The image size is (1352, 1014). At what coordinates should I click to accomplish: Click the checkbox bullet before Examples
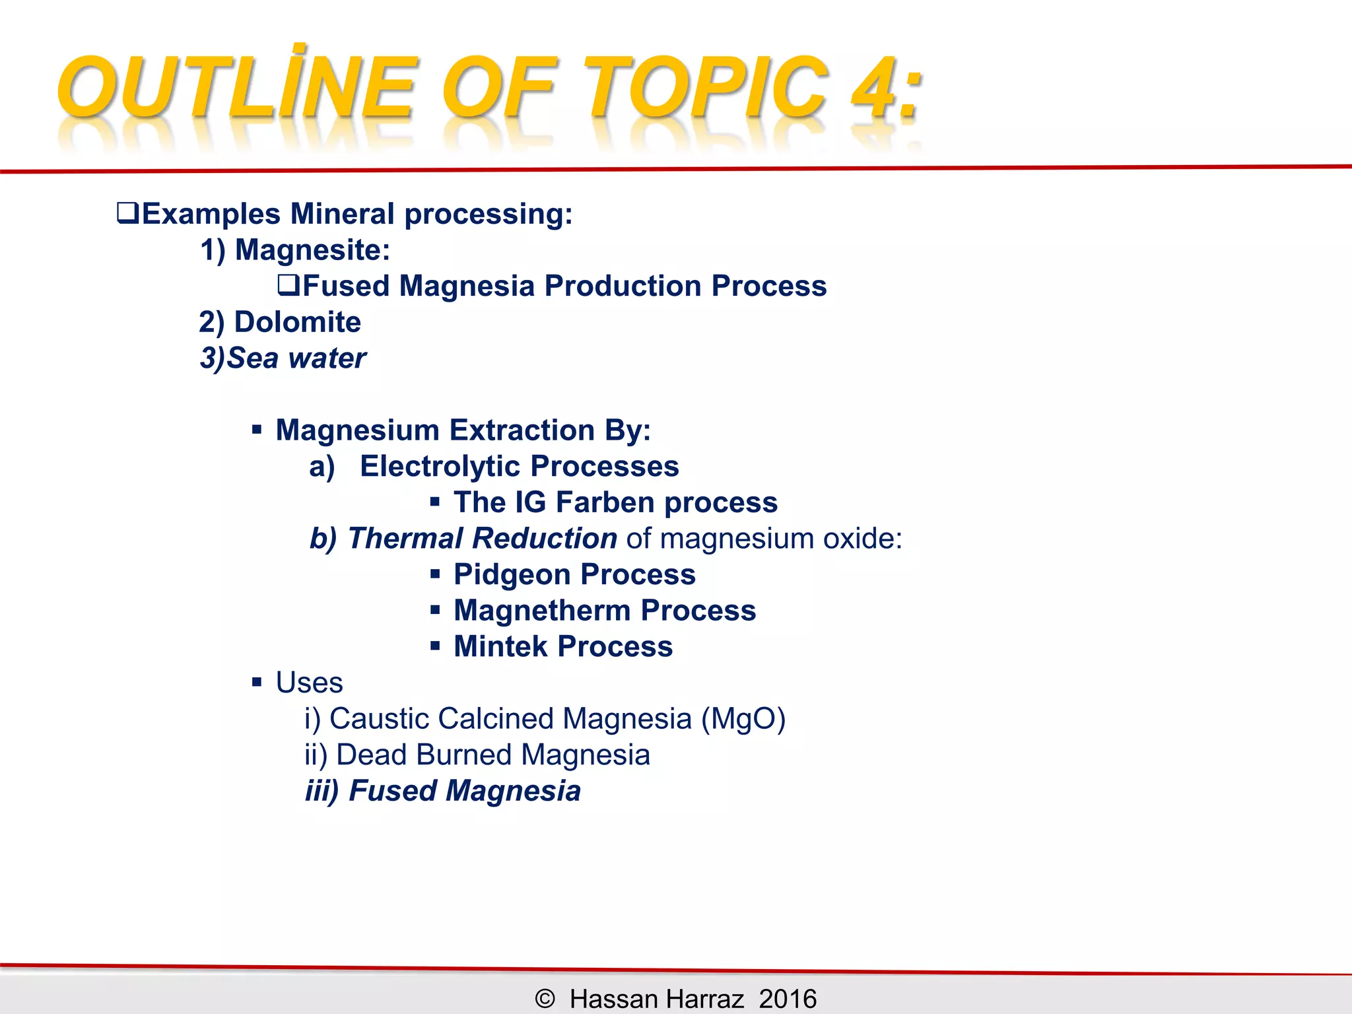(127, 213)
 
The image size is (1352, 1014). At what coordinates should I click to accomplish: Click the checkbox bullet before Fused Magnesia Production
(288, 285)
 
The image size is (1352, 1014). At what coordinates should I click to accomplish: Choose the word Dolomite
(297, 322)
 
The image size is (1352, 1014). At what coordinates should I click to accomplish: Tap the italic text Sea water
(296, 358)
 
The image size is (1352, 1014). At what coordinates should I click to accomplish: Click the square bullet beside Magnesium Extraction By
(257, 430)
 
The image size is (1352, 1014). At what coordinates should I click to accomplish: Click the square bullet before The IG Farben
(434, 502)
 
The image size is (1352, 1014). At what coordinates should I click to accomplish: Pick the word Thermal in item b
(405, 539)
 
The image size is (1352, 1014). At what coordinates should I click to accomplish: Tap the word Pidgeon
(511, 574)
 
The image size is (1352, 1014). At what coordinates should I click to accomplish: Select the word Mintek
(500, 646)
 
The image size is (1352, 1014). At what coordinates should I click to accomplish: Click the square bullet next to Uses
(257, 683)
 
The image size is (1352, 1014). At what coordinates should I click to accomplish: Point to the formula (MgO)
(743, 719)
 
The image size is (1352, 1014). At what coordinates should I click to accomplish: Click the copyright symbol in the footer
(545, 998)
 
